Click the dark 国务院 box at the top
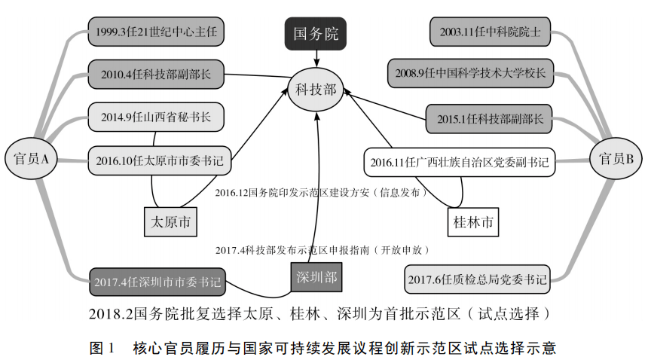point(316,35)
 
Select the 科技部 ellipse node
point(316,91)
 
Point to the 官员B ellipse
point(616,158)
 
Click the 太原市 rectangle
point(170,222)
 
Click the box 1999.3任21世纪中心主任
point(156,32)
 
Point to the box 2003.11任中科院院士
point(490,32)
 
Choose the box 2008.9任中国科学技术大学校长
point(471,74)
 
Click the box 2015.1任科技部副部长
point(489,118)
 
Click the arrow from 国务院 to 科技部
point(316,59)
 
